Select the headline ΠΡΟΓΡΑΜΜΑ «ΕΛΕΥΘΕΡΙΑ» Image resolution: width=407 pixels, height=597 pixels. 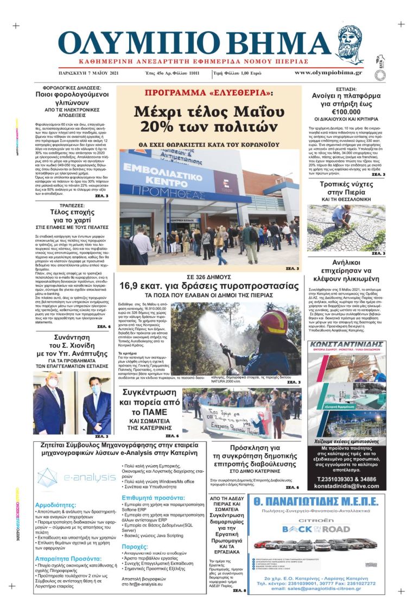click(x=209, y=93)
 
